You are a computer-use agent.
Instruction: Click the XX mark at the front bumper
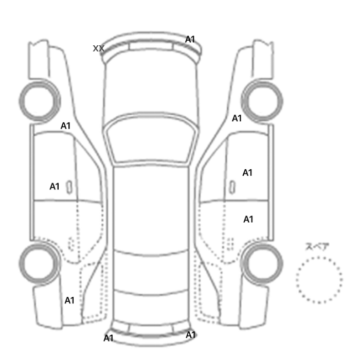(x=99, y=48)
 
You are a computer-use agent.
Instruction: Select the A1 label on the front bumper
(x=190, y=40)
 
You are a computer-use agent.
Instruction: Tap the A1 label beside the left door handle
(x=55, y=186)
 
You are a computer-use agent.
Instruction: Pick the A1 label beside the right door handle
(x=247, y=173)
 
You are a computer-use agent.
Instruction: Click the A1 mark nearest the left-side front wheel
(x=65, y=126)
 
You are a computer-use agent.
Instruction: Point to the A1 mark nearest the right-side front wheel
(x=237, y=118)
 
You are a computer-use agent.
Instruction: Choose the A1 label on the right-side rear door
(x=248, y=220)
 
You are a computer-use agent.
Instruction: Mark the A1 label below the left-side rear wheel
(x=69, y=300)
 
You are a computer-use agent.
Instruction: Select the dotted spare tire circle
(x=319, y=257)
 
